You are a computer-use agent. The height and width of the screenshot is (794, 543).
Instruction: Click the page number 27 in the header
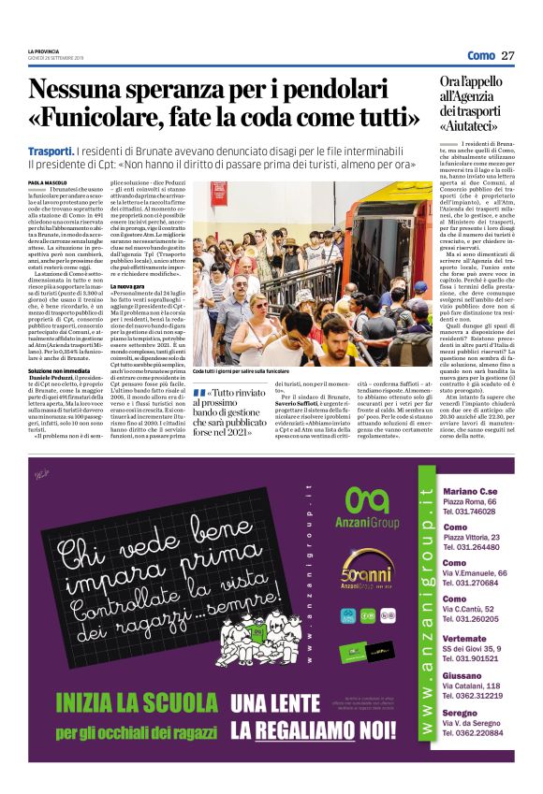[x=508, y=55]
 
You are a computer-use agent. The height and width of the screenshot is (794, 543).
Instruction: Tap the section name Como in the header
[x=480, y=55]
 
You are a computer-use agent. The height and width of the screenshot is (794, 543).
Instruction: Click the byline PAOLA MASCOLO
[x=46, y=182]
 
